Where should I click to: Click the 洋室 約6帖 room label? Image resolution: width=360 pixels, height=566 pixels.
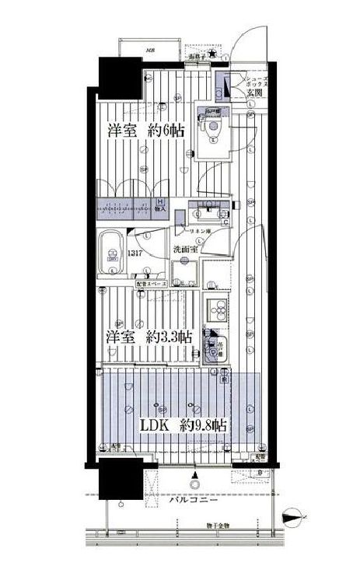point(145,131)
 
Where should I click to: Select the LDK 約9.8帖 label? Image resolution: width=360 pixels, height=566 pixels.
point(183,425)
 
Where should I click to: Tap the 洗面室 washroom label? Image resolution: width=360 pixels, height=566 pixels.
point(187,249)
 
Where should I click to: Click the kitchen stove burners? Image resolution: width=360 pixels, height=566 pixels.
point(215,310)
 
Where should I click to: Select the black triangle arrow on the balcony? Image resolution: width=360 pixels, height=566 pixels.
point(195,475)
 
